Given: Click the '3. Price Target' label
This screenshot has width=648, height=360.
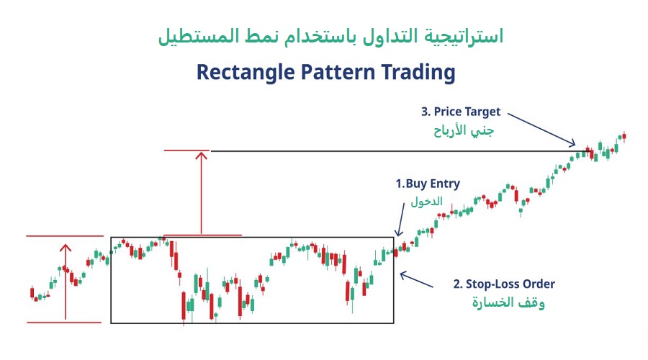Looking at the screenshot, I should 460,112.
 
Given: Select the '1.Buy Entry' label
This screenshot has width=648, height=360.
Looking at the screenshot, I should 428,184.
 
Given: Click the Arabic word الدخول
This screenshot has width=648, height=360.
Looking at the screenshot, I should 426,202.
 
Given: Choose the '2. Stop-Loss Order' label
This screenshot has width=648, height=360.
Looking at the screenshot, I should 504,284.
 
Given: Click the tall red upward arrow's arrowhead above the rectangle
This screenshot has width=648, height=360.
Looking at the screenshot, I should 201,155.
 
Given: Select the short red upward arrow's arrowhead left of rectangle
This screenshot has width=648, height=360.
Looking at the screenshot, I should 66,248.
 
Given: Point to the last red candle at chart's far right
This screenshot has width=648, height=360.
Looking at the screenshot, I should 624,135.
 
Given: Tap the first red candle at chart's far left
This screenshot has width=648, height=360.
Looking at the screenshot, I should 32,292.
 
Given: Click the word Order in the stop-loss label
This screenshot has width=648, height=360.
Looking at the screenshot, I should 538,284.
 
